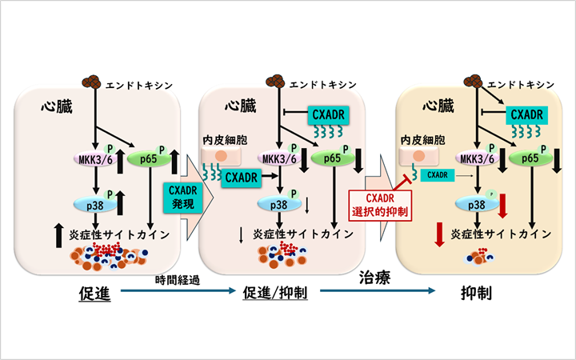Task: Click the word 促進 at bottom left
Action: (x=96, y=294)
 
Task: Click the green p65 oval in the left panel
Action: (x=146, y=159)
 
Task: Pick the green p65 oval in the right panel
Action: (x=529, y=159)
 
